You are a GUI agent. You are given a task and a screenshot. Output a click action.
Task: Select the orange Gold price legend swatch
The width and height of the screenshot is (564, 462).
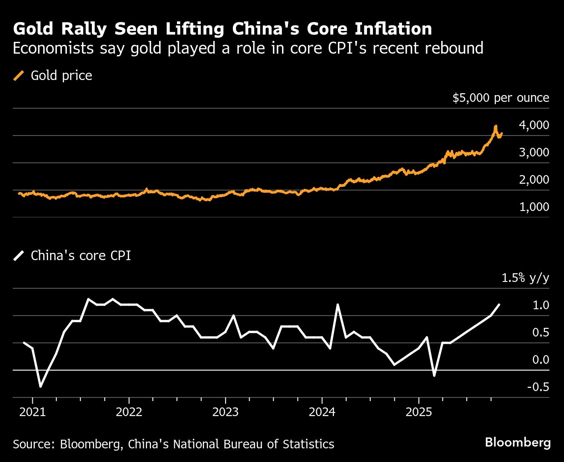tap(19, 75)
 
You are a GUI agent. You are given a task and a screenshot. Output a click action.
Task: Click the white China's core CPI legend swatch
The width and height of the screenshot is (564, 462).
tap(19, 256)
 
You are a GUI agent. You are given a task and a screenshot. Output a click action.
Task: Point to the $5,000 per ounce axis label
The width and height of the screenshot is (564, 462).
tap(500, 98)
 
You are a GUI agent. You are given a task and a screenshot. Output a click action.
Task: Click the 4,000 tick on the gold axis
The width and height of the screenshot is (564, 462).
tap(534, 125)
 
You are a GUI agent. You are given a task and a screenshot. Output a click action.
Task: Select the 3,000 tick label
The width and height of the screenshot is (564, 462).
tap(534, 152)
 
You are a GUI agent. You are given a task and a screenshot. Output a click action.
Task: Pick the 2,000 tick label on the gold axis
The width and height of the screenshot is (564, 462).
tap(534, 180)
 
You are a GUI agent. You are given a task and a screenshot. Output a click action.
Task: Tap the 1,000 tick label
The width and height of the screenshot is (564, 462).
tap(534, 207)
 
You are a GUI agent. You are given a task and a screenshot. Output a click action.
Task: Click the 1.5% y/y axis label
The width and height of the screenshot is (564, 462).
tap(525, 278)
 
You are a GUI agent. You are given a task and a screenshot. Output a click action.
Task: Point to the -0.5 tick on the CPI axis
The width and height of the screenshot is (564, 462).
tap(538, 387)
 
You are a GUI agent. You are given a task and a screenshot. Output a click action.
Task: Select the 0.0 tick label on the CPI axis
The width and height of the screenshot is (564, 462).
tap(540, 360)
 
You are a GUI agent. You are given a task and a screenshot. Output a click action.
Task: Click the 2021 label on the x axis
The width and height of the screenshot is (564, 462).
tap(32, 412)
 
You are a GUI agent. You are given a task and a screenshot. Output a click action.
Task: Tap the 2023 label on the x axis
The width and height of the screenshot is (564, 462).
tap(225, 412)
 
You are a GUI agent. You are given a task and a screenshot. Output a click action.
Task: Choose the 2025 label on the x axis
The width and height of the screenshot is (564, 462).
tap(418, 412)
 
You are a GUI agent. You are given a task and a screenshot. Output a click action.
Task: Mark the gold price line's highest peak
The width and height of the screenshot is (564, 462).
tap(495, 126)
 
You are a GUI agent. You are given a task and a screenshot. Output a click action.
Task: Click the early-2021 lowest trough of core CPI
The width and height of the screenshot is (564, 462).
tap(40, 387)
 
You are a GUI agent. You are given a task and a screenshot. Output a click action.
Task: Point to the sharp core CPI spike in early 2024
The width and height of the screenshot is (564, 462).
tap(337, 305)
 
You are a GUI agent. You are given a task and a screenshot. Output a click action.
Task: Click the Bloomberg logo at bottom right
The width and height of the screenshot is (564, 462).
tap(518, 442)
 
